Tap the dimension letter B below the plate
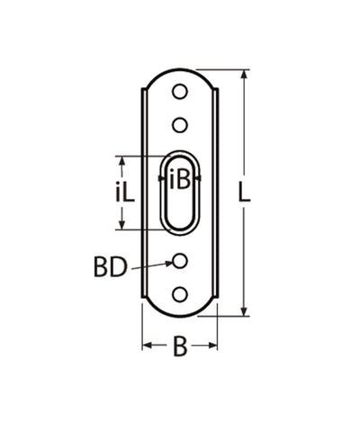click(180, 346)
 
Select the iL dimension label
click(102, 192)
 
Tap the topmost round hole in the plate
click(180, 93)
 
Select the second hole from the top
click(180, 123)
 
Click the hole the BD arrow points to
click(180, 261)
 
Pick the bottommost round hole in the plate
click(180, 292)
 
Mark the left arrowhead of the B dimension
click(147, 345)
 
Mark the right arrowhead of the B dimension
click(213, 345)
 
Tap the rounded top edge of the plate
click(180, 71)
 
